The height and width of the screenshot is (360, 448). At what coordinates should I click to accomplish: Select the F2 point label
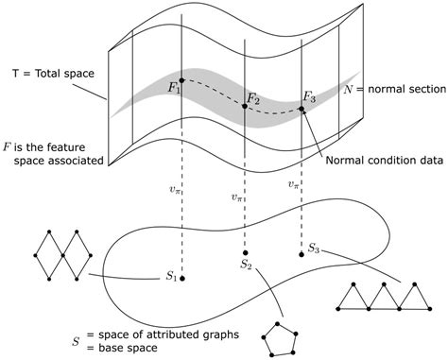click(253, 97)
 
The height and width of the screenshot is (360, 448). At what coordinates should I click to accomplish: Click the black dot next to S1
click(182, 279)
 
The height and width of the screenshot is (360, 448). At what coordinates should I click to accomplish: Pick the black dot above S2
click(245, 253)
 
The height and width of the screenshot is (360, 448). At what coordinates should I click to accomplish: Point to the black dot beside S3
click(302, 250)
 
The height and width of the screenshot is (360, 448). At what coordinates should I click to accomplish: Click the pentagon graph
click(279, 336)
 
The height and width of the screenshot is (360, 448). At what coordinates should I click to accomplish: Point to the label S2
click(245, 266)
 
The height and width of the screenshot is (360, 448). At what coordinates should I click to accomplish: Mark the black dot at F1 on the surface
click(181, 79)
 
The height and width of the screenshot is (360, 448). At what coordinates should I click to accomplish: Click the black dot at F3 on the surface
click(302, 109)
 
